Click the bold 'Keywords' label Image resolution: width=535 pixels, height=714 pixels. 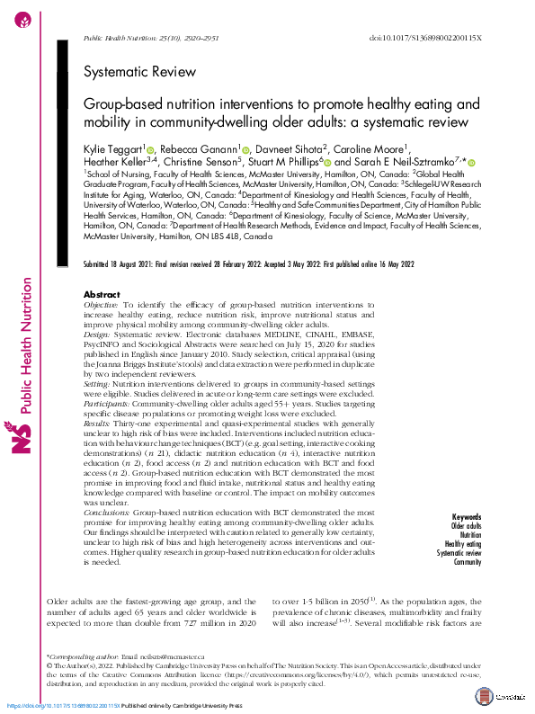click(x=467, y=517)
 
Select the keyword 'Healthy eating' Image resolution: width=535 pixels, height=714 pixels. click(x=462, y=543)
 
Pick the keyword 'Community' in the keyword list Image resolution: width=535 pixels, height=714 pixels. click(x=468, y=561)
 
